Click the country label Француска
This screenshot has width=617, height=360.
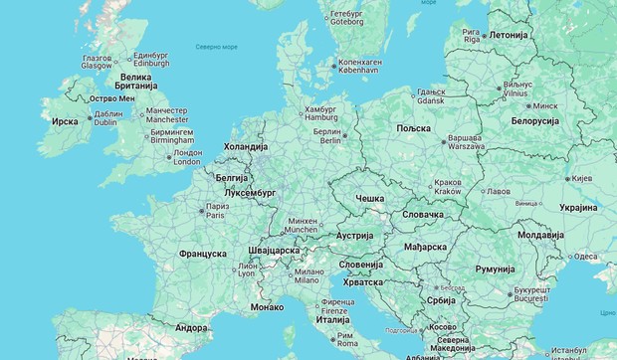[202, 254]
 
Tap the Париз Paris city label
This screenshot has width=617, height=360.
[215, 210]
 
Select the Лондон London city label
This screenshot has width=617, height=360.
[187, 157]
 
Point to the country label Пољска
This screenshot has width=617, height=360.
[413, 128]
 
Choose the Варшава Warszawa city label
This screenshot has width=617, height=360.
[465, 141]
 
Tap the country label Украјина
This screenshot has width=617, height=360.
[578, 208]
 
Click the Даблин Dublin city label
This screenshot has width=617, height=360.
[107, 117]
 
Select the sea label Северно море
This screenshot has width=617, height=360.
[216, 46]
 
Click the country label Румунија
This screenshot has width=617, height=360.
[495, 269]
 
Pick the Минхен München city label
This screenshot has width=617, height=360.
[301, 225]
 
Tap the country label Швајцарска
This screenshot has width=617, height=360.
[273, 251]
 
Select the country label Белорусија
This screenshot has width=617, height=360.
[535, 120]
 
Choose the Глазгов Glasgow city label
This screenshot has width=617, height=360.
[97, 61]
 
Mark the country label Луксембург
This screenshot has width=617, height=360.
[250, 192]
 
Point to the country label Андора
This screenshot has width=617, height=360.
[191, 327]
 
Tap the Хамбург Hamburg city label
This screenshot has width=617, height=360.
[320, 113]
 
